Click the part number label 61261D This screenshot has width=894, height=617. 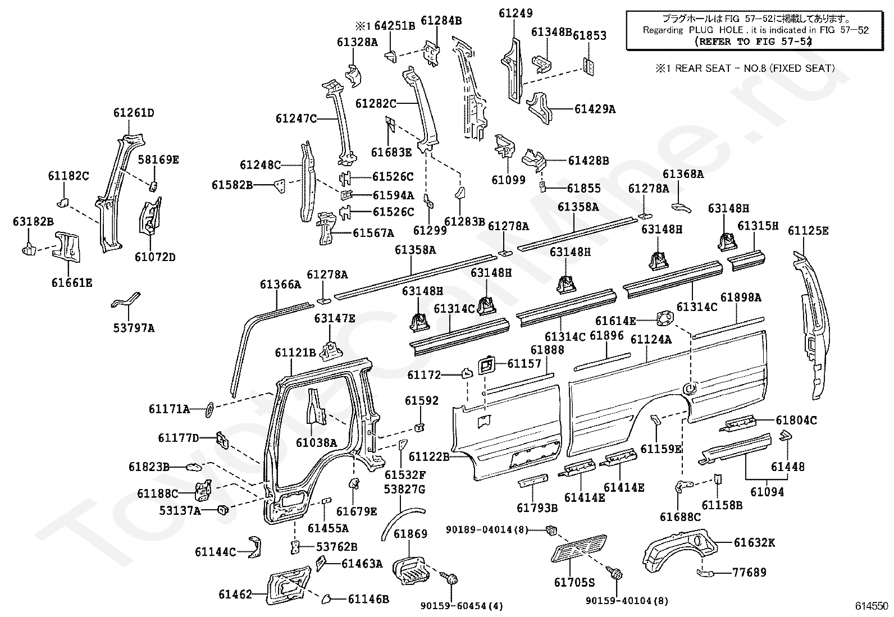tap(134, 113)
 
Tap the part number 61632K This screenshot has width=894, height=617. tap(754, 542)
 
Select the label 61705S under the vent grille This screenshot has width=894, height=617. tap(574, 583)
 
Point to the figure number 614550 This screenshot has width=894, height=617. tap(871, 606)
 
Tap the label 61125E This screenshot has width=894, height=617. tap(808, 231)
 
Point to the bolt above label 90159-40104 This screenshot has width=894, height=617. tap(614, 572)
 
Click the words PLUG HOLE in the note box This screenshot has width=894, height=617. tap(716, 30)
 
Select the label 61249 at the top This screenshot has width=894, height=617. tap(516, 13)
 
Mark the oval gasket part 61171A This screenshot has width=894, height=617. tap(209, 410)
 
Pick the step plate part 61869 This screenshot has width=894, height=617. tap(411, 571)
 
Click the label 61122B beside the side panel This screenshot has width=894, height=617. tap(429, 456)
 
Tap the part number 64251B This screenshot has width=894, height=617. tap(395, 26)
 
